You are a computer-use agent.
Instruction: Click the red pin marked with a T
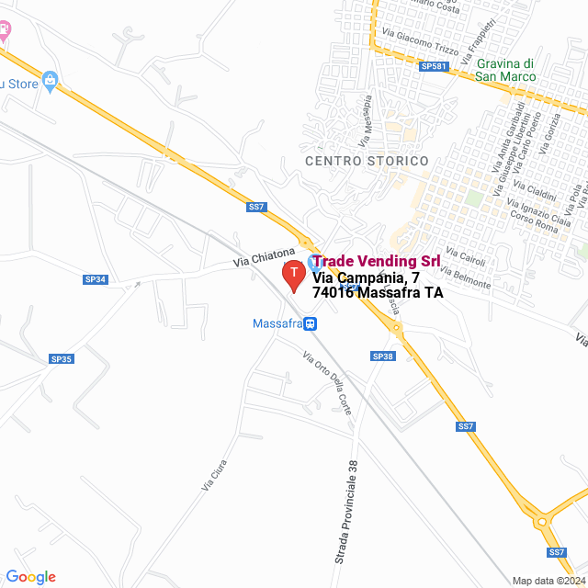coord(293,275)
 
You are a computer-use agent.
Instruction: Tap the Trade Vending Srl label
coord(376,262)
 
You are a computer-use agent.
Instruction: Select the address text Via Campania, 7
coord(367,277)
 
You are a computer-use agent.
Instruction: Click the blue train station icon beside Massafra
coord(311,323)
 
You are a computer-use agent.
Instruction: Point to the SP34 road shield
coord(96,279)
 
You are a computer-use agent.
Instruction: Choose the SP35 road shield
coord(61,359)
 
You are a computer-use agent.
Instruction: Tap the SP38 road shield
coord(383,356)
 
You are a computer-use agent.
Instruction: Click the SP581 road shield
coord(432,67)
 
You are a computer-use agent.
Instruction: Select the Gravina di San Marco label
coord(506,70)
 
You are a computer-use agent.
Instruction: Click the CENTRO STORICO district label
coord(367,161)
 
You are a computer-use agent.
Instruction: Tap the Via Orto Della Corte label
coord(327,382)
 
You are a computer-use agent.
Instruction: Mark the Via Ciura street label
coord(212,474)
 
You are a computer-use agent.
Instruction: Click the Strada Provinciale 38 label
coord(346,513)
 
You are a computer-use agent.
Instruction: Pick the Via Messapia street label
coord(367,120)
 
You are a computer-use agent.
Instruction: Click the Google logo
coord(31,577)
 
